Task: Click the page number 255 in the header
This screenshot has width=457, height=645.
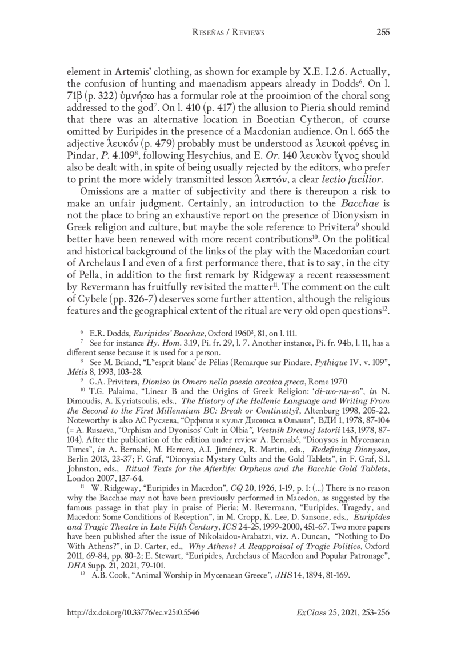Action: pyautogui.click(x=382, y=33)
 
